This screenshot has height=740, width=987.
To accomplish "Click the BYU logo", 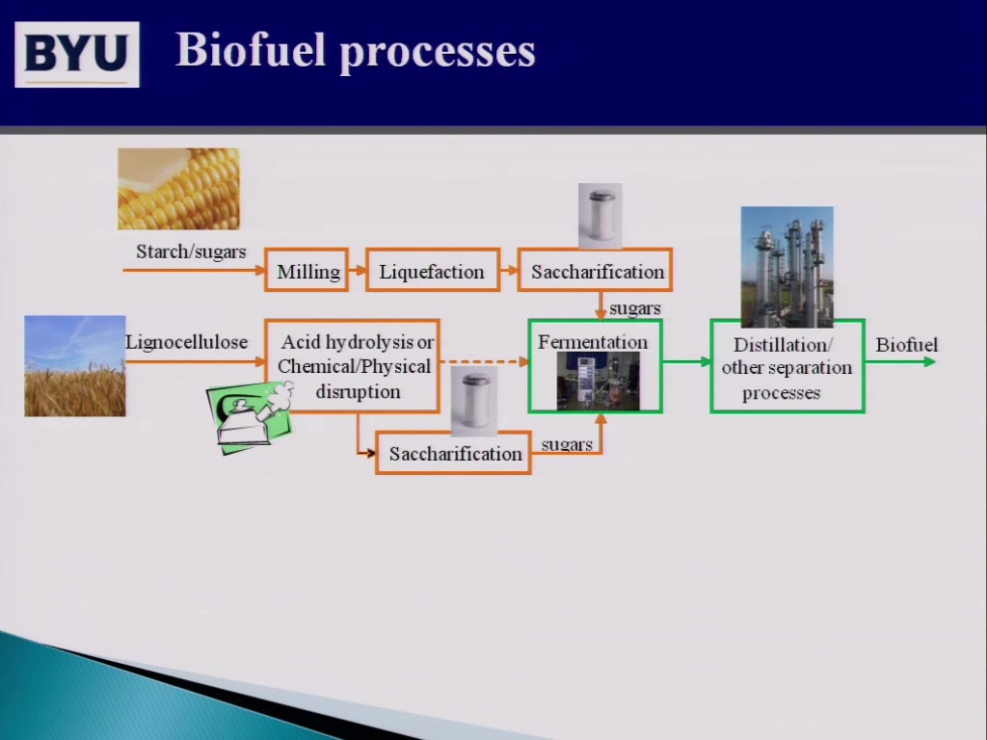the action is pyautogui.click(x=77, y=55).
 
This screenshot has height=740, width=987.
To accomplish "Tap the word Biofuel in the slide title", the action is pyautogui.click(x=250, y=50).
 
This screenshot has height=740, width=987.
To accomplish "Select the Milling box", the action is pyautogui.click(x=307, y=270).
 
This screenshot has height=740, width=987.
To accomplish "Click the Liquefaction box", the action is pyautogui.click(x=433, y=270).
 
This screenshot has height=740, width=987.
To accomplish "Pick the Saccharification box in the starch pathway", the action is pyautogui.click(x=595, y=270).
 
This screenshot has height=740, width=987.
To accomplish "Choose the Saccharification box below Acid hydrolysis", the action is pyautogui.click(x=453, y=453).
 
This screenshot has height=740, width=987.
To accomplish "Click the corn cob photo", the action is pyautogui.click(x=178, y=189).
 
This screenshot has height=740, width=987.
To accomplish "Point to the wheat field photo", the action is pyautogui.click(x=75, y=365).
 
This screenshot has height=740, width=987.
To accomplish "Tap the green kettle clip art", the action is pyautogui.click(x=250, y=416).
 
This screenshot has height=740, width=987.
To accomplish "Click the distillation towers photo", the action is pyautogui.click(x=787, y=267).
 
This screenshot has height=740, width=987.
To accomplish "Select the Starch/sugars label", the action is pyautogui.click(x=191, y=251).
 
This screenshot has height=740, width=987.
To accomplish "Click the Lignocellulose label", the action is pyautogui.click(x=186, y=342).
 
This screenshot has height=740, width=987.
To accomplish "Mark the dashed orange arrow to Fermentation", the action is pyautogui.click(x=484, y=362).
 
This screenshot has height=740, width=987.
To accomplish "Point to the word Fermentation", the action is pyautogui.click(x=593, y=342).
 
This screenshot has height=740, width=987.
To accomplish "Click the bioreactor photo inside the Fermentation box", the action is pyautogui.click(x=598, y=382).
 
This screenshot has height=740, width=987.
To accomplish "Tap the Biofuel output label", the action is pyautogui.click(x=906, y=345).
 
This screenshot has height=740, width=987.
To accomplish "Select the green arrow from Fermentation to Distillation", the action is pyautogui.click(x=686, y=362).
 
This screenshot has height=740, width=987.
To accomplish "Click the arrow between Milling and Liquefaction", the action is pyautogui.click(x=358, y=271).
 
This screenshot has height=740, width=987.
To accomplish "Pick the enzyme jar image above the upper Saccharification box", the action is pyautogui.click(x=600, y=216).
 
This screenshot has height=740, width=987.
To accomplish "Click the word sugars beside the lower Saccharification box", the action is pyautogui.click(x=567, y=445).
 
